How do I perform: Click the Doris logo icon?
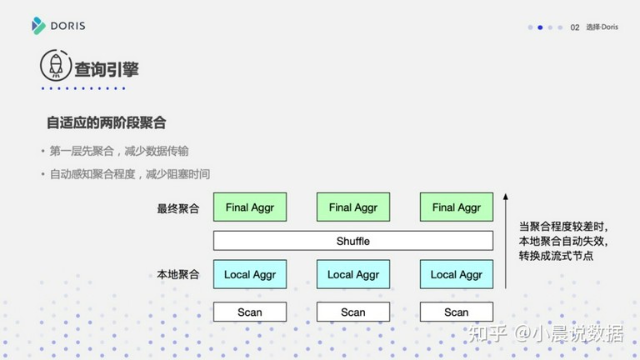(38, 26)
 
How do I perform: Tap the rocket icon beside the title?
(56, 65)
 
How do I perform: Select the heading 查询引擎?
(107, 69)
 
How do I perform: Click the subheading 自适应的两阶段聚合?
(106, 122)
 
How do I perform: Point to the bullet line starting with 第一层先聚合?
(119, 151)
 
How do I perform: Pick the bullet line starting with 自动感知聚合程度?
(130, 174)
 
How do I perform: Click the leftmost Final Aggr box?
(250, 207)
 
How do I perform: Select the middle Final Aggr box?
(353, 207)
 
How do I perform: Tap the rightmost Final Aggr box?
(457, 207)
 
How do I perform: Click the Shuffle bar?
(353, 241)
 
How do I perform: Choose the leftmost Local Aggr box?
(250, 274)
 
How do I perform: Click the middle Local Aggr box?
(353, 274)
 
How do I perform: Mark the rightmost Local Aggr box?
(457, 274)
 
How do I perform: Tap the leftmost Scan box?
(250, 312)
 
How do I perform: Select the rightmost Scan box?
(457, 312)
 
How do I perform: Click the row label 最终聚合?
(178, 208)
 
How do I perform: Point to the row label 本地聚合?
(178, 274)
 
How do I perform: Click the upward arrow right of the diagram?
(506, 241)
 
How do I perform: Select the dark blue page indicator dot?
(540, 27)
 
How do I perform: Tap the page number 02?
(575, 27)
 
